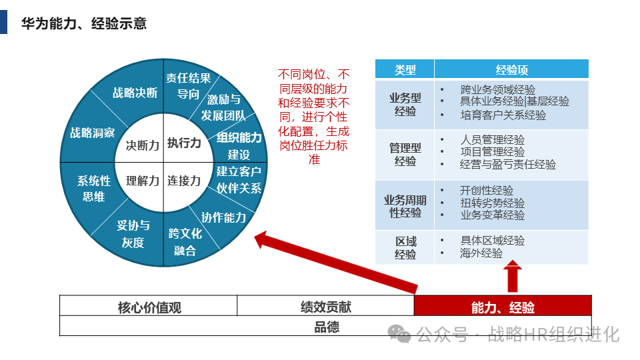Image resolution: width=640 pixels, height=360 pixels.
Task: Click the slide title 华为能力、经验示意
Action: [x=84, y=24]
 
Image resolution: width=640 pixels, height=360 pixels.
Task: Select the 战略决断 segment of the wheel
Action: [x=135, y=93]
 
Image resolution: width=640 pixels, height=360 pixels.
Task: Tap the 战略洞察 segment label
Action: [x=93, y=133]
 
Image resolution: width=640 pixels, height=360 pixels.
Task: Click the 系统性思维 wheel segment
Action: [x=94, y=188]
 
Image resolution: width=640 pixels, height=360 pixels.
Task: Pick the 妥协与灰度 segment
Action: [x=133, y=233]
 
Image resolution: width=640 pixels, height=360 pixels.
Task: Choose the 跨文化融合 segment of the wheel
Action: [x=185, y=242]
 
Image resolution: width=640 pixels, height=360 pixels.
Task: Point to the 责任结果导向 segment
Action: [x=188, y=86]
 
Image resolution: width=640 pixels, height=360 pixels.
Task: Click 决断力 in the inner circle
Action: [x=143, y=145]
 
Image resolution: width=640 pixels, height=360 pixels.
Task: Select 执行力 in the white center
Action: [x=184, y=143]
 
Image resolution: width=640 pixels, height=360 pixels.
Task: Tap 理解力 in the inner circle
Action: [x=143, y=181]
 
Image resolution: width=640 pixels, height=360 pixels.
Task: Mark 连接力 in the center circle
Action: [x=184, y=181]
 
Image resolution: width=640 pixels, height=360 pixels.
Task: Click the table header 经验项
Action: [x=512, y=69]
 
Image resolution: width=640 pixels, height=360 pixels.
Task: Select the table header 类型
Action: [x=405, y=69]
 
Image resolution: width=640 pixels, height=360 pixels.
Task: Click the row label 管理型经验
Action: [x=405, y=155]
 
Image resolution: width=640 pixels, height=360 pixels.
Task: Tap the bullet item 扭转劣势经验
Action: [x=492, y=203]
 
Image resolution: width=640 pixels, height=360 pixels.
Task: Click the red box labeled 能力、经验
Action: [x=503, y=307]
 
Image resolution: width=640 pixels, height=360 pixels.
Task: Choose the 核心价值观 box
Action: [x=149, y=307]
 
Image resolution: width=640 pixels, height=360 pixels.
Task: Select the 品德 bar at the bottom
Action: [x=327, y=327]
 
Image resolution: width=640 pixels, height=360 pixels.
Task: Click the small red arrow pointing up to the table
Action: [x=513, y=276]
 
